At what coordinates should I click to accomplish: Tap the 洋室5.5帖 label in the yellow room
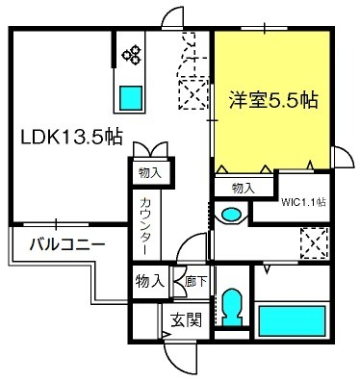274,99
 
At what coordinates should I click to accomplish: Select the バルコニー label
64,244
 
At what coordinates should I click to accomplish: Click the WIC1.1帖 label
303,202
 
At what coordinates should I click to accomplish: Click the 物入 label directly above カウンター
148,174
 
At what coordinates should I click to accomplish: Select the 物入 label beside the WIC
242,188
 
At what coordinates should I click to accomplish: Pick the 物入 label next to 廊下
148,282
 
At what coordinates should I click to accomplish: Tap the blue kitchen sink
131,96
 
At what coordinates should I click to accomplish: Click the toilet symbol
230,308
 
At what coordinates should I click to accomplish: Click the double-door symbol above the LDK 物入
148,152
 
